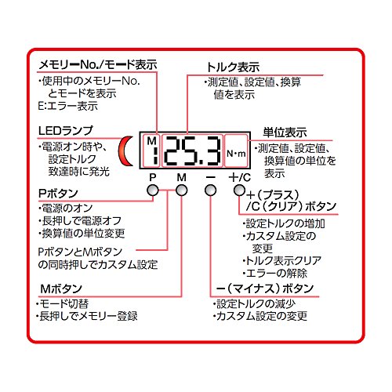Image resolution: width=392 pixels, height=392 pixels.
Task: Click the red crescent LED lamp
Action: click(123, 151)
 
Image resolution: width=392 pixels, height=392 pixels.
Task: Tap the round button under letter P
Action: click(153, 191)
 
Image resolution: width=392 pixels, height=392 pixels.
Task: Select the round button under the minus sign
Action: click(210, 191)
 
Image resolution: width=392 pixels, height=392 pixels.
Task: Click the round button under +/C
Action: click(239, 191)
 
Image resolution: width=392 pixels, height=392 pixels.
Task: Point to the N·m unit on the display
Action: click(236, 154)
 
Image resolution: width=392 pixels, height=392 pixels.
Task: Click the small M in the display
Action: click(152, 141)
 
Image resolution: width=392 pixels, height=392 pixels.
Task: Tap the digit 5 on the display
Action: click(192, 151)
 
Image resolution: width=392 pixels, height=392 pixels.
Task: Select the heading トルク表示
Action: click(233, 67)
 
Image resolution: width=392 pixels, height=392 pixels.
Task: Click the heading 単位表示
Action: click(285, 132)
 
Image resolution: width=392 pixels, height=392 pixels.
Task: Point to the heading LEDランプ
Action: click(65, 131)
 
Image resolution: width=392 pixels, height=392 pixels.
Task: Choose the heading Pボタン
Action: click(58, 194)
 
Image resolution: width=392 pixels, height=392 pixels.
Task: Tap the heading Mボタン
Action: click(61, 289)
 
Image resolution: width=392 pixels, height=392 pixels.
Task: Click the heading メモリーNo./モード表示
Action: click(98, 64)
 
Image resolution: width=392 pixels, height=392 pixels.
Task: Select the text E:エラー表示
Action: click(67, 106)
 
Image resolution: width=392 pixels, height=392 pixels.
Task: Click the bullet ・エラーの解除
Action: click(274, 274)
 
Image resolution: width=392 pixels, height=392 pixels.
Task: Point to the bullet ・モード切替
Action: click(63, 303)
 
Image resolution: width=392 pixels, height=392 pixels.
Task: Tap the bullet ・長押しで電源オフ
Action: click(80, 221)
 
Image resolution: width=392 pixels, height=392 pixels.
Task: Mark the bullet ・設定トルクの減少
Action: click(254, 303)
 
